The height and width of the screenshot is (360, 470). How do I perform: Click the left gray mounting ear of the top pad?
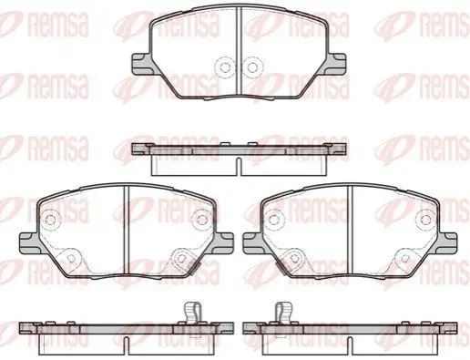(x=141, y=64)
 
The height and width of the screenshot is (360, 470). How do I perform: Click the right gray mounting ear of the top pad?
(x=335, y=64)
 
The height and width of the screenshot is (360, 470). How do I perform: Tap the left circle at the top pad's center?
(x=225, y=67)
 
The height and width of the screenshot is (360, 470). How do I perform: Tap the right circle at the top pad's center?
(x=251, y=67)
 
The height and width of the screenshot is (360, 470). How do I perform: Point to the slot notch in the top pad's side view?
(x=239, y=167)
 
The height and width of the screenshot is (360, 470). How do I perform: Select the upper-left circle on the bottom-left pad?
(x=51, y=220)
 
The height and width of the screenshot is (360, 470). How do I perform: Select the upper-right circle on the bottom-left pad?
(x=202, y=220)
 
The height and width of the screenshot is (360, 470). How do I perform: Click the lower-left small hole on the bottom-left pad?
(x=71, y=258)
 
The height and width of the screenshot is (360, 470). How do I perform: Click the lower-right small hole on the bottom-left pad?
(x=181, y=258)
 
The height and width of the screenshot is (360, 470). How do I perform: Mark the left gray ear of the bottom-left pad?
(x=29, y=243)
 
